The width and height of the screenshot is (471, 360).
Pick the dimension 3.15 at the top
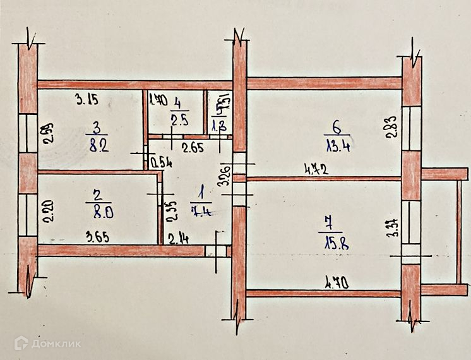(88, 99)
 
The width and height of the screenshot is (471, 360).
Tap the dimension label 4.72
(318, 169)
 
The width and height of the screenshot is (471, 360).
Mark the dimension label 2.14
(177, 239)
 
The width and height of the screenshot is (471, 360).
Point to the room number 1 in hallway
(201, 190)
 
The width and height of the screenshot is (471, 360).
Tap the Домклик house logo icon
(23, 343)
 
